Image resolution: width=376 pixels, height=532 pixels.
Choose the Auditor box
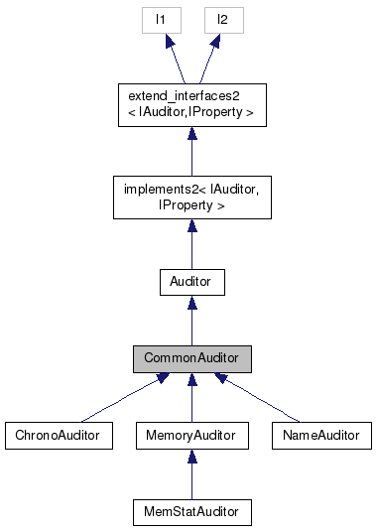click(x=191, y=282)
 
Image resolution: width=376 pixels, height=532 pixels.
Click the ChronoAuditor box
click(x=58, y=435)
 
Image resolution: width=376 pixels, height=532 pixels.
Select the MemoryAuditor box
click(x=191, y=435)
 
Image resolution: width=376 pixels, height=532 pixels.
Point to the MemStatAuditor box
click(x=191, y=511)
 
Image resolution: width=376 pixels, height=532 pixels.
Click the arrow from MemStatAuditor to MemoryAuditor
click(x=191, y=473)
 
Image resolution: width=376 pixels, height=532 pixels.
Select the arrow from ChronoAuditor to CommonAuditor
click(x=125, y=397)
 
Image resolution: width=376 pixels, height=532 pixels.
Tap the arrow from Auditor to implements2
click(x=191, y=244)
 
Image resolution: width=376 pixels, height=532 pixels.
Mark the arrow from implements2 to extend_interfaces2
click(x=191, y=152)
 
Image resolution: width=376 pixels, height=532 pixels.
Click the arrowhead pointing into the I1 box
click(x=168, y=41)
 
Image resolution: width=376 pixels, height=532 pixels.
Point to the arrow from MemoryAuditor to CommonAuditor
click(x=191, y=397)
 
